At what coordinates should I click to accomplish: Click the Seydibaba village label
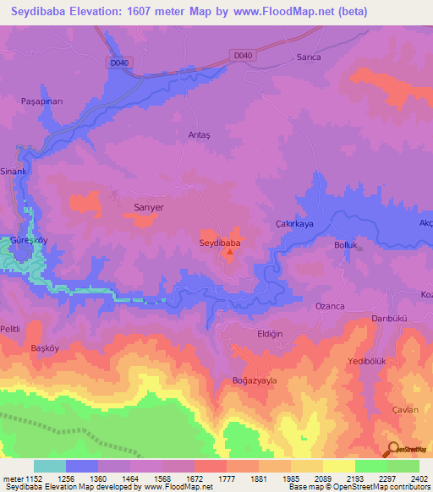tap(220, 243)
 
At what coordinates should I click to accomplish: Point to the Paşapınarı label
tap(42, 101)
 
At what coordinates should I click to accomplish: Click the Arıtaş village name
tap(197, 134)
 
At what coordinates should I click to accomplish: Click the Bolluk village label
tap(347, 245)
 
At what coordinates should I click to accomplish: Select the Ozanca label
tap(329, 305)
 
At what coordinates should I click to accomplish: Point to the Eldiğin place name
tap(270, 334)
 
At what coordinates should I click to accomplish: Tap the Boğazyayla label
tap(255, 380)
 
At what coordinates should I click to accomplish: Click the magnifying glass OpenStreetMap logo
tap(392, 450)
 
